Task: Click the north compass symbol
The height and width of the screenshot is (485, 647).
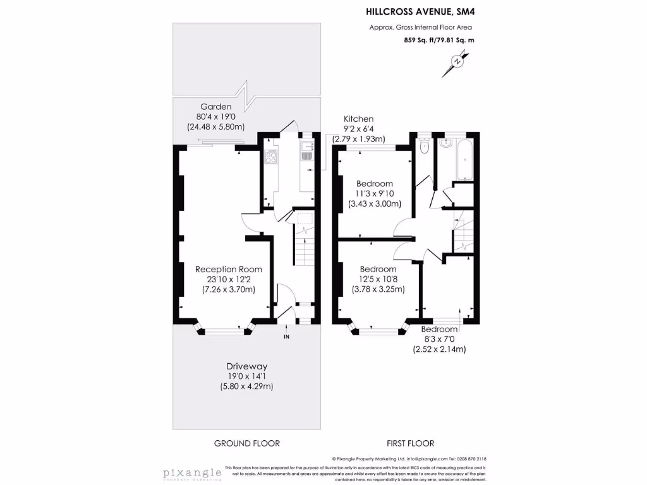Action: [456, 62]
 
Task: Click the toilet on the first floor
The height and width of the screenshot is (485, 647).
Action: [424, 147]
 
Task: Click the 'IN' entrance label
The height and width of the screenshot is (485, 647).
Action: [286, 337]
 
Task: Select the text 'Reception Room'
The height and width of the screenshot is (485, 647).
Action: [228, 269]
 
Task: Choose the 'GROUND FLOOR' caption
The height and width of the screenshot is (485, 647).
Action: [246, 443]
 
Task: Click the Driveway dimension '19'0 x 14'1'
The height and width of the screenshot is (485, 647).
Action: [247, 376]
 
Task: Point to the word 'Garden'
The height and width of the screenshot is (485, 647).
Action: [216, 107]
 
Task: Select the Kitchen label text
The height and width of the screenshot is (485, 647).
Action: [358, 119]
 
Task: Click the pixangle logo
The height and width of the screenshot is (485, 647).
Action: [192, 473]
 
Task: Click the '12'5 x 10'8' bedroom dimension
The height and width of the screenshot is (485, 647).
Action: [378, 279]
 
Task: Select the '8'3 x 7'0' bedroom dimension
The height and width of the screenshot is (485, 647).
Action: [439, 339]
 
